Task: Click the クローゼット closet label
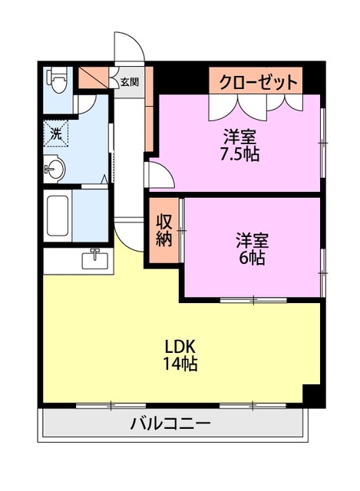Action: click(x=256, y=82)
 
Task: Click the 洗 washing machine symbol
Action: click(x=57, y=133)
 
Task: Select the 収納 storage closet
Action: click(x=164, y=231)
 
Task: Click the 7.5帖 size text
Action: click(x=241, y=153)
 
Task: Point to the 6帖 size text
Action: click(x=251, y=258)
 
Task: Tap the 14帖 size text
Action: click(x=180, y=364)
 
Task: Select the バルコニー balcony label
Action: click(x=170, y=423)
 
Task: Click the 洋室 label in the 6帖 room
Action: click(x=251, y=240)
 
